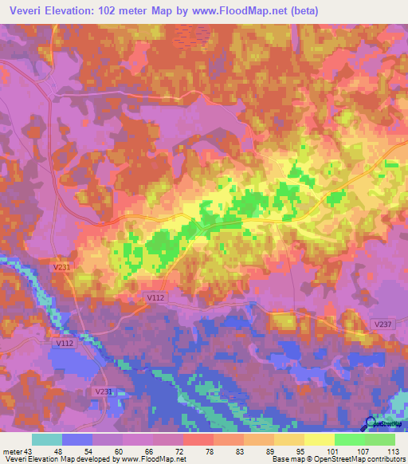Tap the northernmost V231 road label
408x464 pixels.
64,269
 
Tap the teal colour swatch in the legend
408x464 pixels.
47,439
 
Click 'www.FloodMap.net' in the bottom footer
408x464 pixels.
153,459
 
